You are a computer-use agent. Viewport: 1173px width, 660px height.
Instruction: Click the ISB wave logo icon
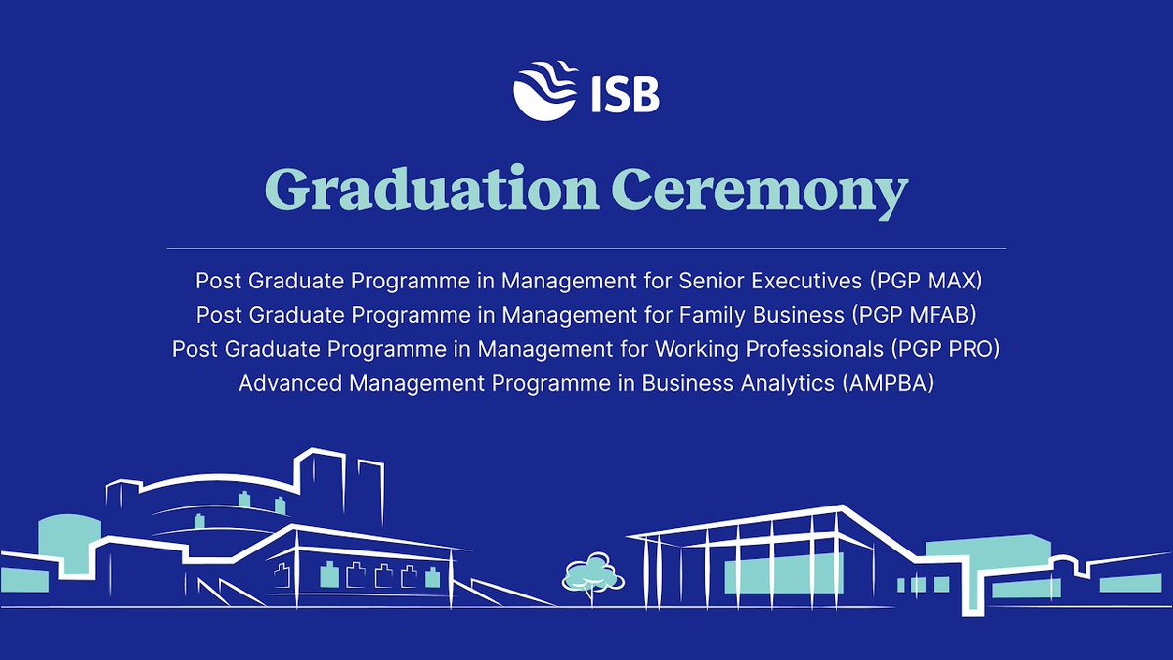(543, 91)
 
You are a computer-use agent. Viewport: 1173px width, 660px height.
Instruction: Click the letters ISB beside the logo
(624, 96)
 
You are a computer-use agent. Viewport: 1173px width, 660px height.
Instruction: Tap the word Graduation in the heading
(430, 191)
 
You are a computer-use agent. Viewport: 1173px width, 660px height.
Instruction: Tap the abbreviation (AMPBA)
(886, 383)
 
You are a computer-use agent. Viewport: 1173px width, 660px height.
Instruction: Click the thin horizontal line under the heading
(586, 248)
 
